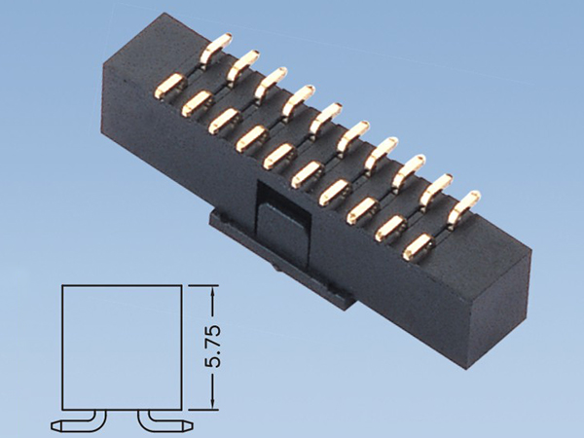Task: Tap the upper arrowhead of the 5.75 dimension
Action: (x=215, y=289)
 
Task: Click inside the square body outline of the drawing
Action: (x=121, y=346)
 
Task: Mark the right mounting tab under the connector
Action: (x=341, y=292)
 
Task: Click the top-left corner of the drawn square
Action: (x=63, y=285)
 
